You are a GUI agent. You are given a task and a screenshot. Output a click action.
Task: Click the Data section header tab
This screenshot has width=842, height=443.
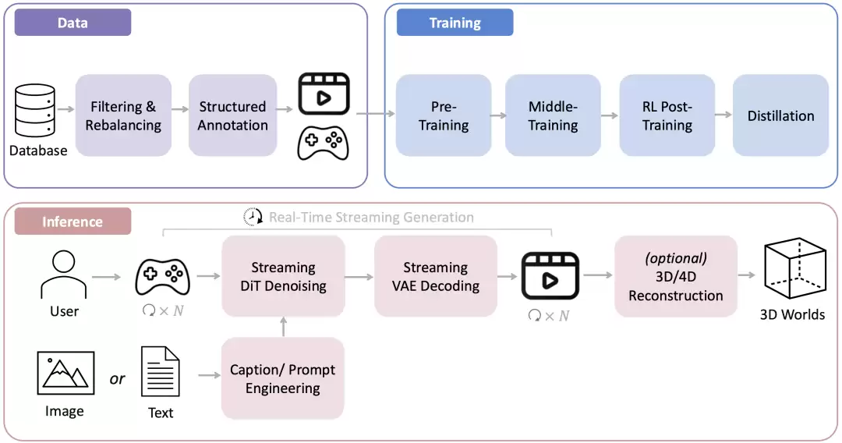pos(73,23)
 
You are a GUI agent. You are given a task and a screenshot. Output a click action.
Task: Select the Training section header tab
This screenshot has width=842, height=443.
pos(455,23)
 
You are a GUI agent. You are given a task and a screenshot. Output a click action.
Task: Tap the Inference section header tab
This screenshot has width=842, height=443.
pos(73,221)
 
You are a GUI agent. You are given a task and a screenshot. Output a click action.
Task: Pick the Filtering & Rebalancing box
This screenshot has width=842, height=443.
pos(123,115)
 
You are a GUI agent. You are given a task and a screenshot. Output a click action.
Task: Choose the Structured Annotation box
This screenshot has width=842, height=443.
pos(232,115)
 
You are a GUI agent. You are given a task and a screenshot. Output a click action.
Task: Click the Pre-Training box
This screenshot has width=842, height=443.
pos(444,115)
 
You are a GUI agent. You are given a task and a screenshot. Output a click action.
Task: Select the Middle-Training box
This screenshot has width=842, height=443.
pos(553,115)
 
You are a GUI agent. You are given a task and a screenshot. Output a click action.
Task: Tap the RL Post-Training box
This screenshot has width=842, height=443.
pos(667,115)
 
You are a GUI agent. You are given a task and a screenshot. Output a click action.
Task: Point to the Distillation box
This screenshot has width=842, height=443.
pos(780,115)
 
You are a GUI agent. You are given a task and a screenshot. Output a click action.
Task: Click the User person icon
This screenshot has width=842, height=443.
pos(63,275)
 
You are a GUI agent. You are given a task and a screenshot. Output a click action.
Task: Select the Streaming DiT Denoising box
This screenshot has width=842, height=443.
pos(283,276)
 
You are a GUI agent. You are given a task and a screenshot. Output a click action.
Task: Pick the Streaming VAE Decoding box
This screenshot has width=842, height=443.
pos(435,276)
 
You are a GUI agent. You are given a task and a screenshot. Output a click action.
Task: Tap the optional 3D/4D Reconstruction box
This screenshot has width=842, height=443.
pos(675,276)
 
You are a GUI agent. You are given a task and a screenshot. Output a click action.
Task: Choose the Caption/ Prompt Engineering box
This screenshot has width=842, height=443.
pos(283,378)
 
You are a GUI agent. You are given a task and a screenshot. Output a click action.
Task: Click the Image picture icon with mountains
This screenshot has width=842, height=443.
pos(65,373)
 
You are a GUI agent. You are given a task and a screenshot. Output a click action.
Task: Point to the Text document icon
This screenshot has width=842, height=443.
pos(161,372)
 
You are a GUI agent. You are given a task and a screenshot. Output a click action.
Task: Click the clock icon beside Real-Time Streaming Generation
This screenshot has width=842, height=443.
pos(253,217)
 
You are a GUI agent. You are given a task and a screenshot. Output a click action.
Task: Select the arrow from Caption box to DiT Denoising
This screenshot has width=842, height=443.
pos(283,327)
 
